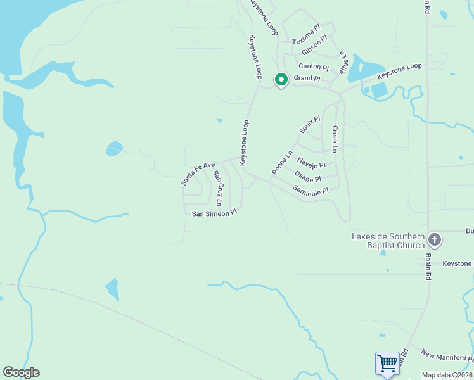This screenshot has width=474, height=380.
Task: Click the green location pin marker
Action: pyautogui.click(x=281, y=80)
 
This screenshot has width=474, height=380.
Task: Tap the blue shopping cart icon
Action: pyautogui.click(x=387, y=364)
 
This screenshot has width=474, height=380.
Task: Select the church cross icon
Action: pyautogui.click(x=435, y=240)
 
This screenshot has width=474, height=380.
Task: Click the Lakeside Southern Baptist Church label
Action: pyautogui.click(x=388, y=241)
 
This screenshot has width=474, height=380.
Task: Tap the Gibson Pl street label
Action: pyautogui.click(x=314, y=44)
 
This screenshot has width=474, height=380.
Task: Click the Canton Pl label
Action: pyautogui.click(x=314, y=66)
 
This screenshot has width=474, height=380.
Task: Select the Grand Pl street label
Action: pyautogui.click(x=307, y=79)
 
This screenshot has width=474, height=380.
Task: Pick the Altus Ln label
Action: pyautogui.click(x=343, y=62)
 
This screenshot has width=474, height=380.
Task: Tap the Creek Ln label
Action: pyautogui.click(x=335, y=138)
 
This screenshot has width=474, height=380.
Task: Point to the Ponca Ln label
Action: pyautogui.click(x=283, y=163)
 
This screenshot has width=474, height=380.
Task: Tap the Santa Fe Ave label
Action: pyautogui.click(x=198, y=172)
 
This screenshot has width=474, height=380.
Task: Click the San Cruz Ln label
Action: pyautogui.click(x=217, y=188)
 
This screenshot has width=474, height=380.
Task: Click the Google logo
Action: pyautogui.click(x=21, y=372)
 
